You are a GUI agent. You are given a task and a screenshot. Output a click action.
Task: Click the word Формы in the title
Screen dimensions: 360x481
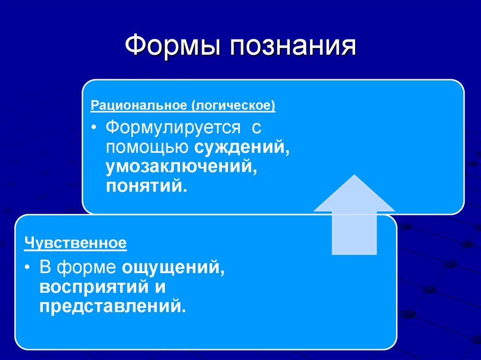172,47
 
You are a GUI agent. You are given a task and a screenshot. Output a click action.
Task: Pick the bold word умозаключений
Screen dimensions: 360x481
181,167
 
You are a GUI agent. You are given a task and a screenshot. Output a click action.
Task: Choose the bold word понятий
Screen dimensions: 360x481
147,186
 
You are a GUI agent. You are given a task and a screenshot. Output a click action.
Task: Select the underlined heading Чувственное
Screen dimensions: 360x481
76,244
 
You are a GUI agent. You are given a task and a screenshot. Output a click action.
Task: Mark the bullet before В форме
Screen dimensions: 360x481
29,268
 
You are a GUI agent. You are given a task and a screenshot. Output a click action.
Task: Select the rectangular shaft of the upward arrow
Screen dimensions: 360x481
354,232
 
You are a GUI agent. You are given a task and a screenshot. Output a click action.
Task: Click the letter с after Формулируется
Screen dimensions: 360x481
256,128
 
